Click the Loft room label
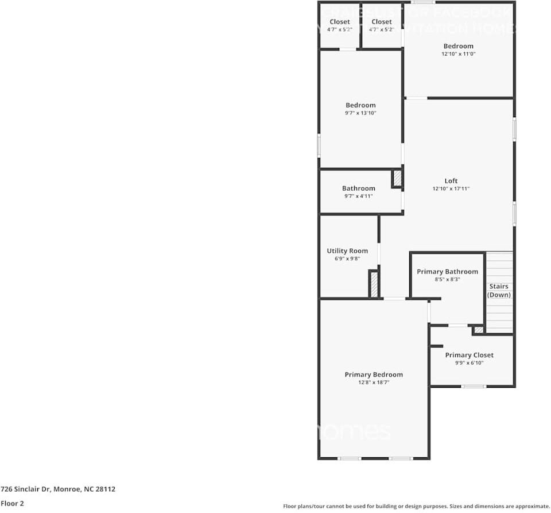[x=451, y=181]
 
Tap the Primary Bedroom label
[x=374, y=375]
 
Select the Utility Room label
[x=347, y=251]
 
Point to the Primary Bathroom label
[x=447, y=272]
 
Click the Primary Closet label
[x=469, y=355]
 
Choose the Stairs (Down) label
[x=499, y=291]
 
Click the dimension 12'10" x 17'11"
[x=451, y=188]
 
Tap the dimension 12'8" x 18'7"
[x=374, y=382]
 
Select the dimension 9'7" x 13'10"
[x=360, y=113]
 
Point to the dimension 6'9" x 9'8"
[x=347, y=259]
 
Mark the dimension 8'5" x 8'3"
[x=447, y=279]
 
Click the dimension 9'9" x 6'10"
[x=469, y=362]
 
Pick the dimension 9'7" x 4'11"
[x=359, y=196]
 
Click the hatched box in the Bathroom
[x=397, y=179]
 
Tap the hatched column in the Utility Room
[x=374, y=284]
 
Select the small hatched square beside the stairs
[x=478, y=330]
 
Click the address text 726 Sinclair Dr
[x=58, y=489]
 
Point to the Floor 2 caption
[x=12, y=503]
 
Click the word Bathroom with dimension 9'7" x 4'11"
[x=359, y=188]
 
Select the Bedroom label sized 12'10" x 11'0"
[x=458, y=46]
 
